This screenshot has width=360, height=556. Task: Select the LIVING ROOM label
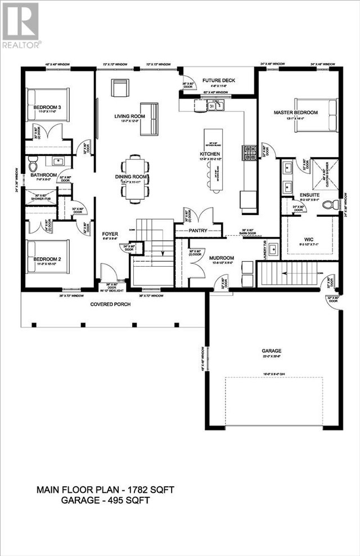pyautogui.click(x=130, y=116)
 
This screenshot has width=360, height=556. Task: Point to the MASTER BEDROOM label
pyautogui.click(x=295, y=113)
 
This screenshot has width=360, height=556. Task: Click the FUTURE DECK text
pyautogui.click(x=220, y=80)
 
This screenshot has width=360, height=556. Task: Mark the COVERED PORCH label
pyautogui.click(x=110, y=304)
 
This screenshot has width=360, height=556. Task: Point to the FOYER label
pyautogui.click(x=109, y=233)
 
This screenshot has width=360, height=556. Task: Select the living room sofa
pyautogui.click(x=149, y=119)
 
